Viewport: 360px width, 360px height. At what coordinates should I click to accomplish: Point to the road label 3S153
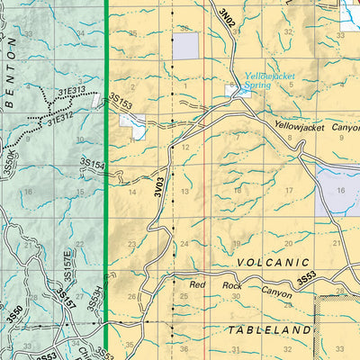tap(120, 103)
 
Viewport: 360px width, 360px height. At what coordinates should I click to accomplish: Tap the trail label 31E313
tap(72, 91)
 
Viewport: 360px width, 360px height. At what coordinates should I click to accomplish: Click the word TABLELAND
tap(269, 329)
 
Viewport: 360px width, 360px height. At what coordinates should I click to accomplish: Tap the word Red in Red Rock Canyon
tap(198, 285)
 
